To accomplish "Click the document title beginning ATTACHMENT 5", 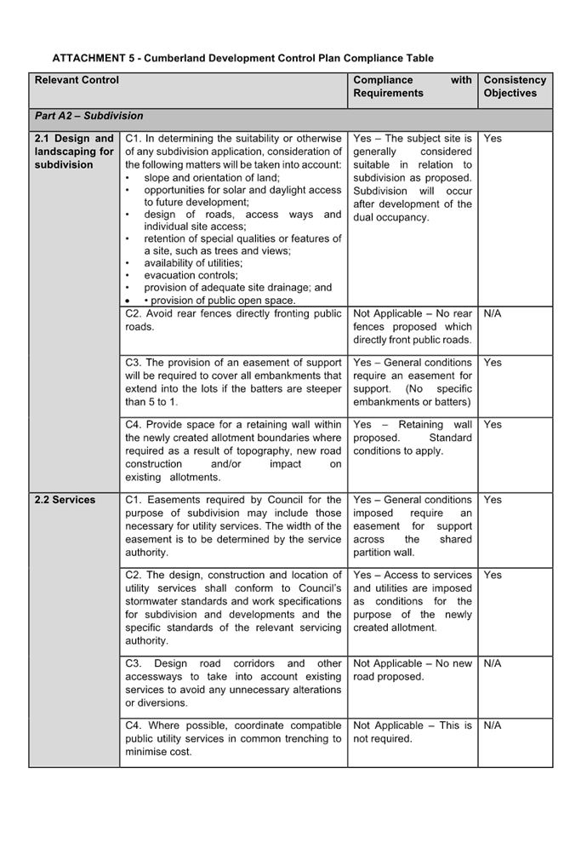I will [x=242, y=59].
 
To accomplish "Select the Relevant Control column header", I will [x=77, y=81].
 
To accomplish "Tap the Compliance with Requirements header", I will [x=412, y=87].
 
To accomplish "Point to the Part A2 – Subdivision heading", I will [x=88, y=116].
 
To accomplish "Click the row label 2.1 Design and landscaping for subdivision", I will [x=74, y=152].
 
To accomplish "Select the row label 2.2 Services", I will [x=65, y=500].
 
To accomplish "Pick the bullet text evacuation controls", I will [x=191, y=276].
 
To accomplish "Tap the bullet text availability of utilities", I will [x=193, y=263].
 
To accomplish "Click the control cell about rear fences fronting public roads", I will [x=233, y=320].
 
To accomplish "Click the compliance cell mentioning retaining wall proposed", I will [x=412, y=438].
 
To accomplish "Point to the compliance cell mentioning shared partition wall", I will [x=412, y=526].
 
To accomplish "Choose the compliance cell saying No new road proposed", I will [x=412, y=670].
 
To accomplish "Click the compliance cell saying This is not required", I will [x=412, y=732].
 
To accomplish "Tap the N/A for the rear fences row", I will [x=493, y=314].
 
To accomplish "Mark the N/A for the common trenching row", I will [x=493, y=726].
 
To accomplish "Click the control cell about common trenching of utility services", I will [x=233, y=739].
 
